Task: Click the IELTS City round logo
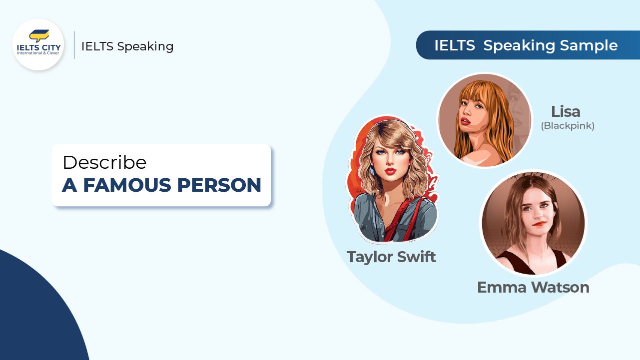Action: [x=38, y=45]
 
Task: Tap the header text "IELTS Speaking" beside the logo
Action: [x=127, y=46]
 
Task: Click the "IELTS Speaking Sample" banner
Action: [x=526, y=45]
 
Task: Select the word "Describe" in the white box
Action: [x=104, y=162]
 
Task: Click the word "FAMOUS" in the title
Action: [x=126, y=185]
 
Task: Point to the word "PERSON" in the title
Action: [x=219, y=185]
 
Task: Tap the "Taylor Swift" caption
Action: [x=391, y=257]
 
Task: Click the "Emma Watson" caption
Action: [x=533, y=287]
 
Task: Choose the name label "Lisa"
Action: [x=566, y=111]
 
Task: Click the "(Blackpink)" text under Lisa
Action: [x=568, y=126]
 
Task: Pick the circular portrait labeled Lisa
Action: [x=484, y=120]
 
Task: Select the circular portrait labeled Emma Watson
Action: [x=533, y=223]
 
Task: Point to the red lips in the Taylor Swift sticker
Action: [x=390, y=171]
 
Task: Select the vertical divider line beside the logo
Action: [x=74, y=45]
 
